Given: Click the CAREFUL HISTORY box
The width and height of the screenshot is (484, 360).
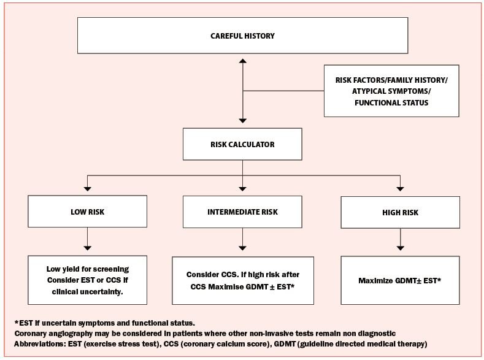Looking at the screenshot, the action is [x=243, y=36].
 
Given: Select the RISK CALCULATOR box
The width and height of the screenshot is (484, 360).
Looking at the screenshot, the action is [x=242, y=144].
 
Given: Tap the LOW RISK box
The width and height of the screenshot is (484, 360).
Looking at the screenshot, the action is [x=87, y=212].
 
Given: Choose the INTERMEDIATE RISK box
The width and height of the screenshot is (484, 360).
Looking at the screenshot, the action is [x=242, y=212].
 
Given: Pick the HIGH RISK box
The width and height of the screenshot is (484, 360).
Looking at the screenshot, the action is [x=401, y=213].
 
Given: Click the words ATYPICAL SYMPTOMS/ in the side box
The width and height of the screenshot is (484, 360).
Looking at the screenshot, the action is [x=391, y=91].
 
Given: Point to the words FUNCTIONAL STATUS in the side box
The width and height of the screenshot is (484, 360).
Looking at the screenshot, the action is [x=391, y=102].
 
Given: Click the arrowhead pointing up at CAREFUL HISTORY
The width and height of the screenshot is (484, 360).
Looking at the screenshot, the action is [x=243, y=61].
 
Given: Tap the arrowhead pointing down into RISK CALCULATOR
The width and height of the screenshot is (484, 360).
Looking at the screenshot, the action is [x=243, y=121].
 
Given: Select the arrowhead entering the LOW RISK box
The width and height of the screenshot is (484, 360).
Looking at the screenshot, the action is [x=87, y=189].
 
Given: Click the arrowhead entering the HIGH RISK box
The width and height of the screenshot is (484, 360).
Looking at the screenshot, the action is [x=401, y=189].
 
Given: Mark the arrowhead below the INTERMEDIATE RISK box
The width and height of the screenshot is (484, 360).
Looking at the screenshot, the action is [x=243, y=248].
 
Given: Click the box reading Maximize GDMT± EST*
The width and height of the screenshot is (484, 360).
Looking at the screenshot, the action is [x=401, y=280].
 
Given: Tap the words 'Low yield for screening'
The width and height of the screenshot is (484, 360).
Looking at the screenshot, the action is [x=88, y=269].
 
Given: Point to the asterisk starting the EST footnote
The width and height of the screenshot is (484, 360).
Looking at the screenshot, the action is [x=17, y=323].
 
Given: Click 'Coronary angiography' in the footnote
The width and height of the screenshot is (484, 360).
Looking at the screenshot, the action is [x=53, y=334].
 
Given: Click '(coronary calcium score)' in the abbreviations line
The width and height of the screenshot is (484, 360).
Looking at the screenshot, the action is [x=225, y=343].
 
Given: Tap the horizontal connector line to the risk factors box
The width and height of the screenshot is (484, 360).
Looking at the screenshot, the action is [x=283, y=91].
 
